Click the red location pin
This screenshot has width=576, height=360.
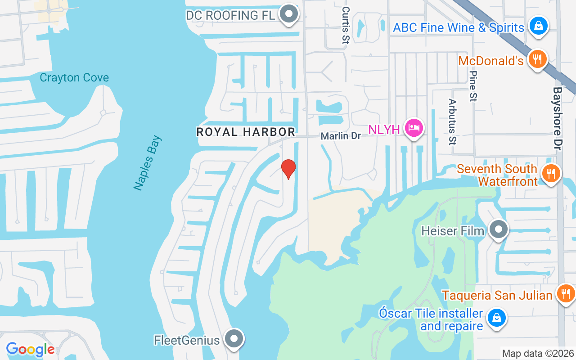point(288,169)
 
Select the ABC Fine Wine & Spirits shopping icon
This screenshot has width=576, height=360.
point(538,26)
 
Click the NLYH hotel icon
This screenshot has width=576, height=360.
point(414,128)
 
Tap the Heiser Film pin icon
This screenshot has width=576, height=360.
point(498,229)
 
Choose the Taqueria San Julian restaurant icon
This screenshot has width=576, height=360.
point(565,294)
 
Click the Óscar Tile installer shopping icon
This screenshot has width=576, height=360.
point(496,318)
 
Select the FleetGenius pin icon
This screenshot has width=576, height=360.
point(234,339)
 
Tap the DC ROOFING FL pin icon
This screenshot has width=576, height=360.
point(288,14)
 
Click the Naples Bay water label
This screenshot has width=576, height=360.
point(148,162)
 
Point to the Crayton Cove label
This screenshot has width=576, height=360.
point(74,77)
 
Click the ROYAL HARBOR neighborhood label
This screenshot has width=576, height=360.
point(246,132)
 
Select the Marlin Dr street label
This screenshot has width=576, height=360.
point(341,135)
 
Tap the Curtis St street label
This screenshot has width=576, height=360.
point(346,25)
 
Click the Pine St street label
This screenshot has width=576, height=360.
point(472,85)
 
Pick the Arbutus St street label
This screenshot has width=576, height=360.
point(452,122)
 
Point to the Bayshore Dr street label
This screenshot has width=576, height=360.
point(558,118)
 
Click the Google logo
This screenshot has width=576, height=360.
point(31,349)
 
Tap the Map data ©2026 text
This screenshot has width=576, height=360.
point(538,353)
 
